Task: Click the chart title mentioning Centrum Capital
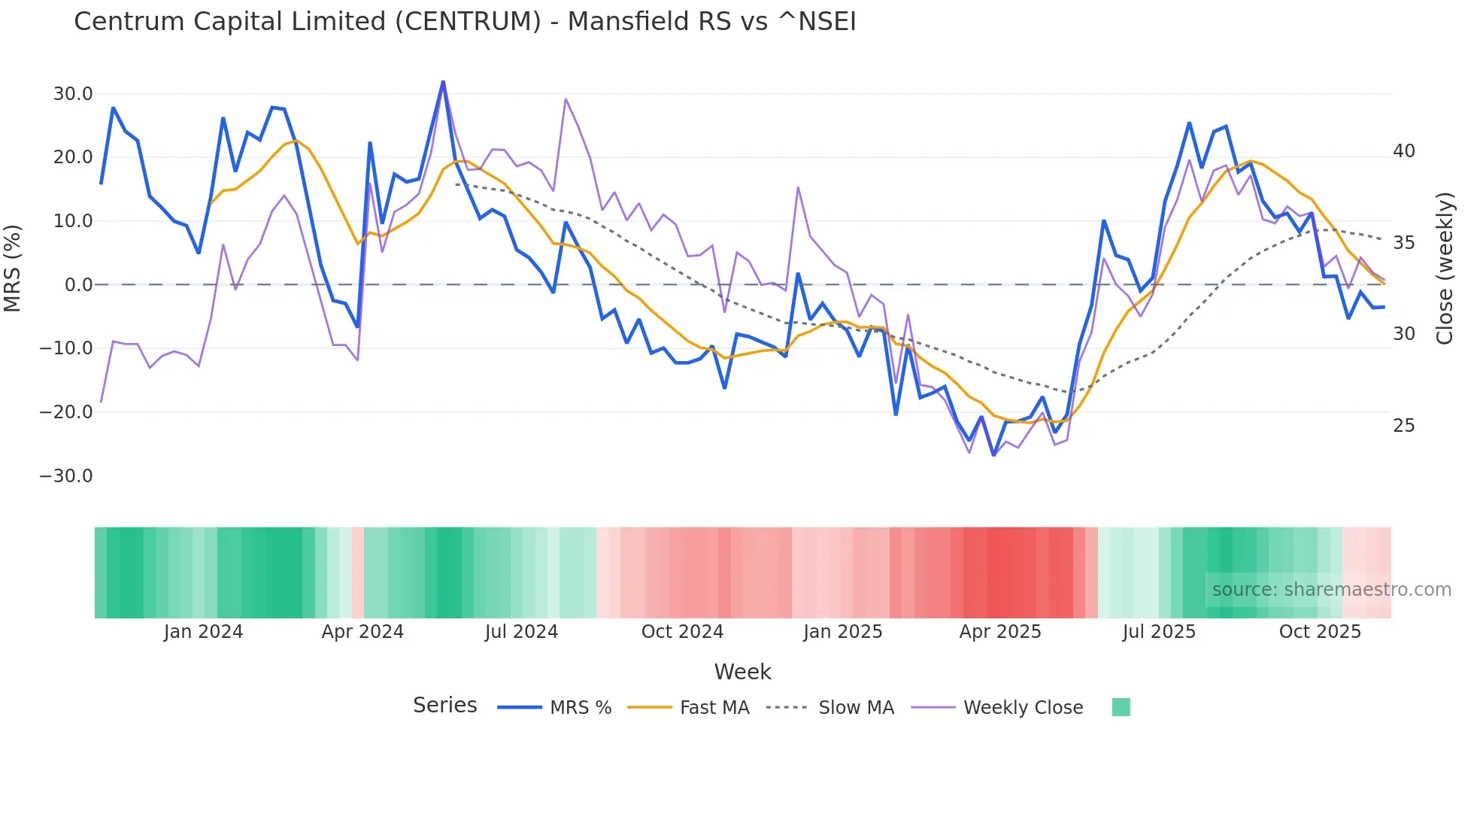(x=465, y=22)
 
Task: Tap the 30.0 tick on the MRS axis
(x=72, y=94)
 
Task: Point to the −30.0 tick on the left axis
(x=66, y=476)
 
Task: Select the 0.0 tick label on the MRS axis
(x=78, y=285)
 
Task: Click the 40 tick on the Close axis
(x=1403, y=151)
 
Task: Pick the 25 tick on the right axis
(x=1403, y=426)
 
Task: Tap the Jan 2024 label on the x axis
(x=203, y=632)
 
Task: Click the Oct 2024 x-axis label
(x=682, y=632)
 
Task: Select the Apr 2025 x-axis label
(x=999, y=632)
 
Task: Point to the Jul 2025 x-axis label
(x=1159, y=632)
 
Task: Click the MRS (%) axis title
(x=13, y=268)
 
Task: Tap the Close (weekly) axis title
(x=1444, y=269)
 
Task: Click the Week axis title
(x=742, y=672)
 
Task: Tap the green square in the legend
(x=1121, y=707)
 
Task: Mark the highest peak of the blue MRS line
(x=443, y=81)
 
